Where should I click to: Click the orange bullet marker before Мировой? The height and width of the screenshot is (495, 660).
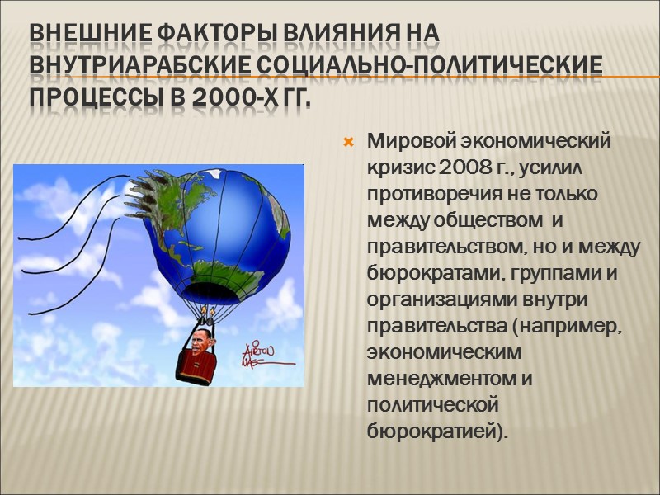click(x=348, y=143)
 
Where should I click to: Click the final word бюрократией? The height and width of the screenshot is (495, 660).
click(x=437, y=431)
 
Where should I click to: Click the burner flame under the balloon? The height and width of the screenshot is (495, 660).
click(x=209, y=314)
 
